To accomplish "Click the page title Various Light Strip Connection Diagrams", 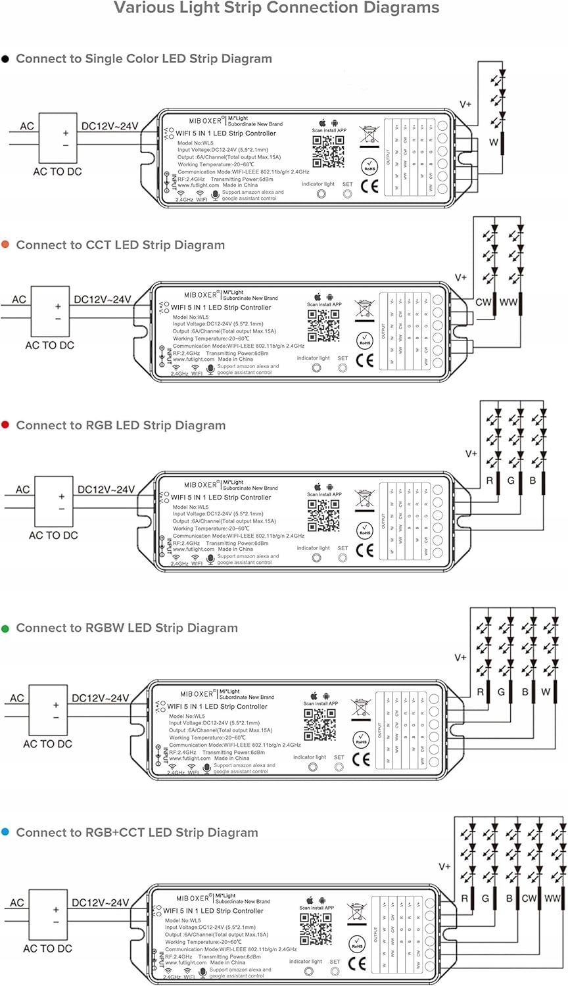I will (277, 9).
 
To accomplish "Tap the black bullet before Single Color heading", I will (5, 59).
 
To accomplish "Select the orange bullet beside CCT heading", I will (5, 245).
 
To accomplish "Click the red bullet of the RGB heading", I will (5, 425).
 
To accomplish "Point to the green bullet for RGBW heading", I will (5, 628).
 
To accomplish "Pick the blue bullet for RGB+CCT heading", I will (5, 832).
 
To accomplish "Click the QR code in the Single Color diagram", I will (327, 153).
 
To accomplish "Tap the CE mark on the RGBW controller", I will (361, 759).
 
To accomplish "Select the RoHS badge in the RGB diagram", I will (365, 530).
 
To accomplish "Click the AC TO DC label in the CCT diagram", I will (50, 345).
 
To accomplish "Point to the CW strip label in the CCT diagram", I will (484, 302).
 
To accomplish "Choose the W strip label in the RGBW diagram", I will (546, 692).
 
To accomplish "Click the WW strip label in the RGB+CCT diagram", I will (552, 898).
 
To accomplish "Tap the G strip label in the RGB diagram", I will (511, 481).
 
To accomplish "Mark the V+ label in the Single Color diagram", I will (465, 104).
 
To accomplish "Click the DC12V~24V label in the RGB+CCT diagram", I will (101, 903).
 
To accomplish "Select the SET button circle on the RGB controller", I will (343, 558).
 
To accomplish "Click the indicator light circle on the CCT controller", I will (316, 368).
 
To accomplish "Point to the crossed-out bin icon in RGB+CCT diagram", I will (356, 913).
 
